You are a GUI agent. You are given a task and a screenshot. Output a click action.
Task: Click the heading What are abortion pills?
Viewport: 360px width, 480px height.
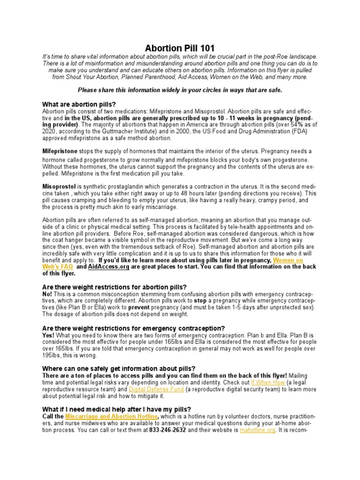79,104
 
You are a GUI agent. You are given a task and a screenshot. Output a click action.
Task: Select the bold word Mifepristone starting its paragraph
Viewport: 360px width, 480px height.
60,151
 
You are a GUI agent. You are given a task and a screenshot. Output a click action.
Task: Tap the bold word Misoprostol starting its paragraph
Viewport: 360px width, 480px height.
59,186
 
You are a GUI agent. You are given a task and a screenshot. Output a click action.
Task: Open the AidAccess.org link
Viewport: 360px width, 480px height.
108,267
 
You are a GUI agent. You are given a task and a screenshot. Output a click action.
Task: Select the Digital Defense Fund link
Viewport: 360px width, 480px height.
153,389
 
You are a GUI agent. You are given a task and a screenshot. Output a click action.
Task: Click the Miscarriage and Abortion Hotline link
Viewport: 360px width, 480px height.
112,416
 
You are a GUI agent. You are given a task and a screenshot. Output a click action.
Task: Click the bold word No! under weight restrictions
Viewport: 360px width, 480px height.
48,293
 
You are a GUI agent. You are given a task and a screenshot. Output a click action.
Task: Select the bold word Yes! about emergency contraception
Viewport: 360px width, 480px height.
49,335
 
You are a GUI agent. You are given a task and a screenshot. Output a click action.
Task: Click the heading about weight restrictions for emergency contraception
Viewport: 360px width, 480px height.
133,328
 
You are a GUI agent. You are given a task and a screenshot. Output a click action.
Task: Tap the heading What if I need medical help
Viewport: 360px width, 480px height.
116,409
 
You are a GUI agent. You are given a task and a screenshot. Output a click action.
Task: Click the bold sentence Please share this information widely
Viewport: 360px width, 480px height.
180,90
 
